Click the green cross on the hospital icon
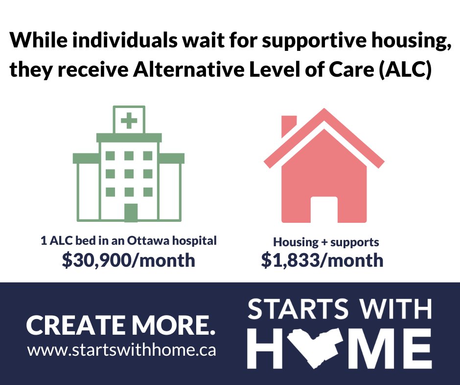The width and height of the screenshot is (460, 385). tap(129, 120)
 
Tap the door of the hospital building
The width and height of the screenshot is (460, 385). tap(130, 213)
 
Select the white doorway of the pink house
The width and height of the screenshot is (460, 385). tap(324, 209)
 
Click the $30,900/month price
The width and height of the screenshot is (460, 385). tap(128, 260)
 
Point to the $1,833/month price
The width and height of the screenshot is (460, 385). tap(322, 260)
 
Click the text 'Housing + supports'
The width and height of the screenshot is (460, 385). tap(326, 242)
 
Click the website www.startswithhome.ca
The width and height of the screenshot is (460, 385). tap(121, 351)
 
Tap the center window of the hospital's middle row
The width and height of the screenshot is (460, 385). tap(129, 173)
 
